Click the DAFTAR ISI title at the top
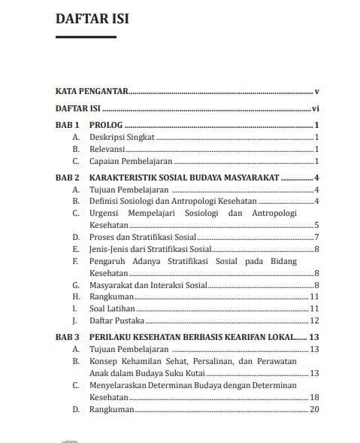point(92,20)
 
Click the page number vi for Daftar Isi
point(316,108)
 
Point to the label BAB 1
point(67,126)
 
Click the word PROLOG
point(105,126)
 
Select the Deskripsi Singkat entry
point(121,138)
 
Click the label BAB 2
point(67,178)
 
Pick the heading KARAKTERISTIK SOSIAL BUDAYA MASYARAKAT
point(184,178)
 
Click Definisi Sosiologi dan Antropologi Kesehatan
point(174,202)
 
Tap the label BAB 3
point(67,338)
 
